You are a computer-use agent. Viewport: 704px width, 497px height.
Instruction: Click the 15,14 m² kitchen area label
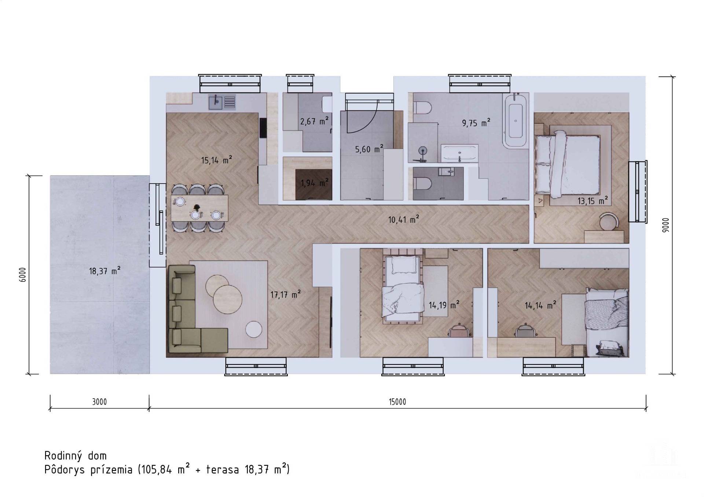(216, 160)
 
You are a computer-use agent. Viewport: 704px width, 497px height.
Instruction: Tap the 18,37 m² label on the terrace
(104, 271)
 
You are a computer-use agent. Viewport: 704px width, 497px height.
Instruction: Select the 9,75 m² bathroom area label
(476, 123)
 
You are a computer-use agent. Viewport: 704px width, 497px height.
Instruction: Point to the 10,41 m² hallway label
(404, 220)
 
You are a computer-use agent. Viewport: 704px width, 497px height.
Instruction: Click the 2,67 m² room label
(314, 121)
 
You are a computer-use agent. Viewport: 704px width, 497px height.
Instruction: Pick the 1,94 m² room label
(315, 182)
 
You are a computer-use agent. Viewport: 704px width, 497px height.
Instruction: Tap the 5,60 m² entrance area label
(369, 149)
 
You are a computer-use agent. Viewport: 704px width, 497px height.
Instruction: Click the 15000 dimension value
(397, 402)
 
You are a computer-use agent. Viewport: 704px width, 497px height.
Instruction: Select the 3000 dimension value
(99, 402)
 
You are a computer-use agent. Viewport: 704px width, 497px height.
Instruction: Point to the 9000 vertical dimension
(666, 225)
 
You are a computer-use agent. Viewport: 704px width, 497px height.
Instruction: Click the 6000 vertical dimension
(23, 275)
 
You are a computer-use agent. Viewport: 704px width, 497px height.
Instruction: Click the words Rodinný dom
(76, 456)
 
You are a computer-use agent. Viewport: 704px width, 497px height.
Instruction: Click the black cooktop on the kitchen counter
(263, 128)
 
